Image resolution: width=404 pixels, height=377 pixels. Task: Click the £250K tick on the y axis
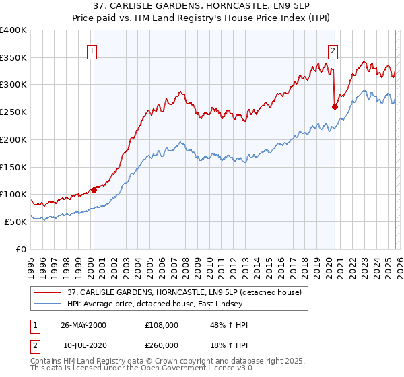[13, 112]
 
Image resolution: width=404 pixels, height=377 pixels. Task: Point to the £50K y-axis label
[15, 221]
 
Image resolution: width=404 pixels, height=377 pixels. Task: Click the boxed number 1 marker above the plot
[92, 49]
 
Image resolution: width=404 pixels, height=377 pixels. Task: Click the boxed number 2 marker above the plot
[333, 49]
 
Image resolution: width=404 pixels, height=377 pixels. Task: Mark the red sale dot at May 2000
[94, 190]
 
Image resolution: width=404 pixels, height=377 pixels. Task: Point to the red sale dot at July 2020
[335, 106]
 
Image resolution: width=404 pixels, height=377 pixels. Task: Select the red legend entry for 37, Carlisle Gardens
[187, 292]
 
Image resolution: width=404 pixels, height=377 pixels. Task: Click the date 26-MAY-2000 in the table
[83, 325]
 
